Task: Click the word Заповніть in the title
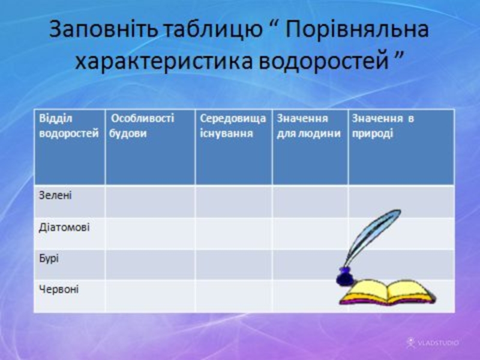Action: [104, 29]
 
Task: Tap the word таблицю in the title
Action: [214, 30]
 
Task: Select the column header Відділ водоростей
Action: [69, 126]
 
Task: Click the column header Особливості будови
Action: [142, 126]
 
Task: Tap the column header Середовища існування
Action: [233, 126]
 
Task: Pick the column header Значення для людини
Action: [308, 126]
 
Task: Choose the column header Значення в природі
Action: [383, 126]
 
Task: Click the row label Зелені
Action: [55, 196]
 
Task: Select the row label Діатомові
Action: [64, 227]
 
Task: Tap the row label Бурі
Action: [49, 259]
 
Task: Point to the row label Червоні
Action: [59, 289]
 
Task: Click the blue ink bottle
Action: [345, 277]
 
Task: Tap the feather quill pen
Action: [372, 237]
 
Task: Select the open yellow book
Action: [388, 292]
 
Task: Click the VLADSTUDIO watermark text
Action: [433, 343]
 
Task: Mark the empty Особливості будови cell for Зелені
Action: [151, 202]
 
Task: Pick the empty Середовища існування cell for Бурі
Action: [234, 265]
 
